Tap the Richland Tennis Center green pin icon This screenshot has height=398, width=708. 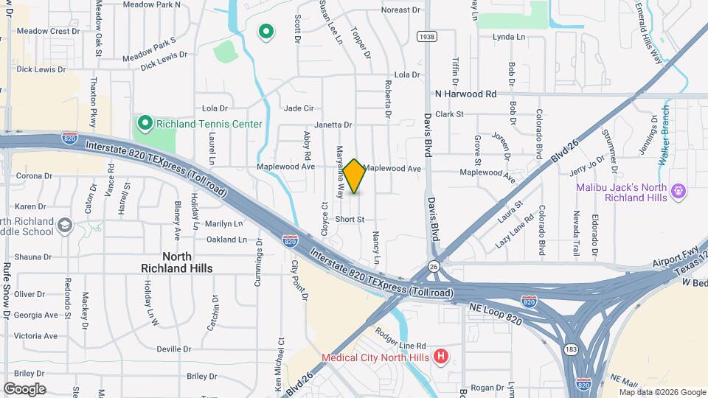(144, 124)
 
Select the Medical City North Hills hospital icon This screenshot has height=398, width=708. (441, 358)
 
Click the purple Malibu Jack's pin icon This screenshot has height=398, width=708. (679, 192)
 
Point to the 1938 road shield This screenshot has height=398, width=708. (426, 36)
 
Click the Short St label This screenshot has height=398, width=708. (350, 220)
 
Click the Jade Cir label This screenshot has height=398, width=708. (299, 108)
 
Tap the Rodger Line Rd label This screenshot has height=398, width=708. (401, 345)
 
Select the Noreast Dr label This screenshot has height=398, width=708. (400, 10)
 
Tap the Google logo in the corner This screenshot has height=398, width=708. (24, 388)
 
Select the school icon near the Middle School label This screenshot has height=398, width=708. (65, 225)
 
